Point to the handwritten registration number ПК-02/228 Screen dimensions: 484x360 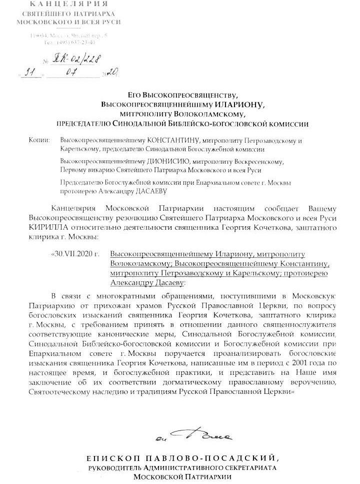point(79,60)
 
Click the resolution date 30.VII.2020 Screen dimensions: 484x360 point(77,254)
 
